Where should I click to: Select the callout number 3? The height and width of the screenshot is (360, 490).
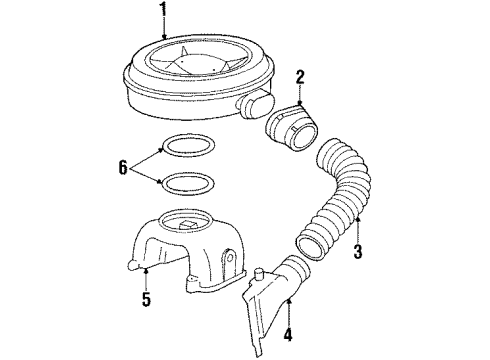click(x=356, y=253)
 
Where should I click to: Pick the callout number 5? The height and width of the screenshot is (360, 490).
click(x=148, y=299)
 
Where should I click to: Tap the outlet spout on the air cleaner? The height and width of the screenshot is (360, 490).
click(x=253, y=103)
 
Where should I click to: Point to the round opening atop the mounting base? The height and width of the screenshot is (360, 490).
click(x=189, y=219)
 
